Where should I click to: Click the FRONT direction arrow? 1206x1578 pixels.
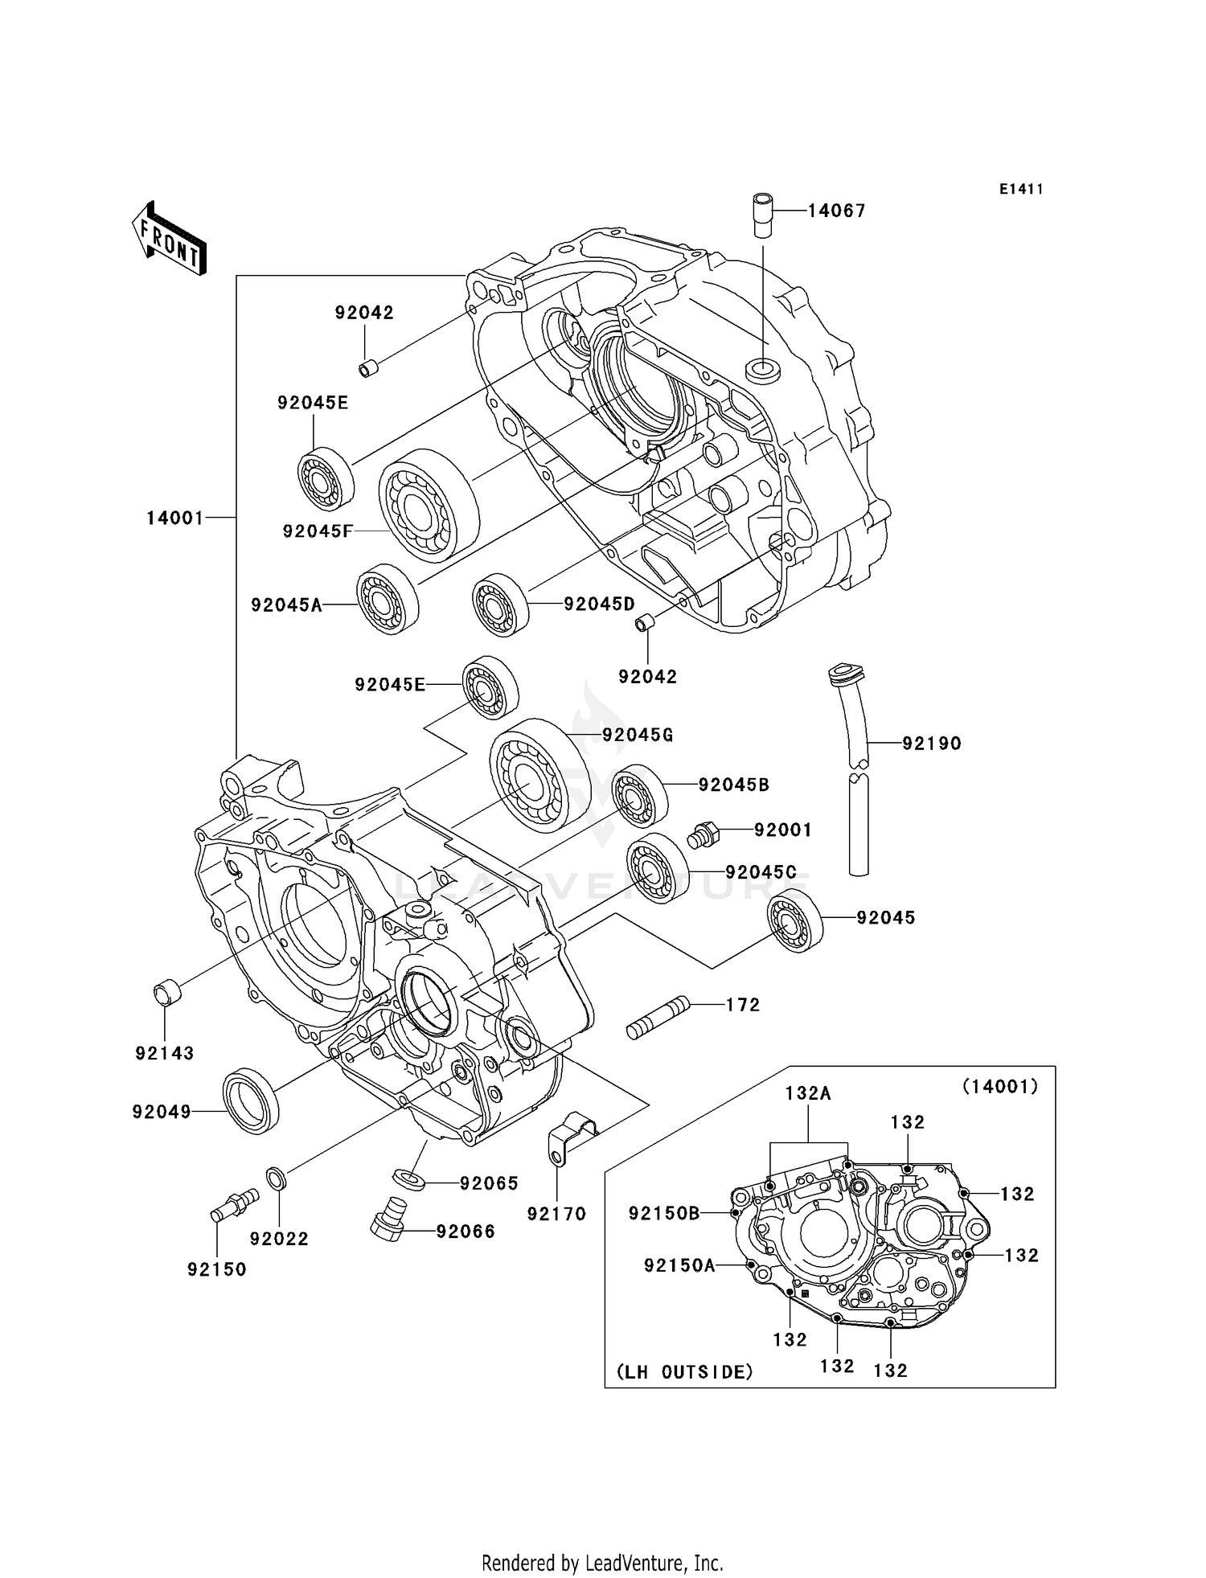(x=169, y=240)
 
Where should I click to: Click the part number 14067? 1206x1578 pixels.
(x=836, y=211)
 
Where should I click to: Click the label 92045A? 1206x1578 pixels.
(x=286, y=605)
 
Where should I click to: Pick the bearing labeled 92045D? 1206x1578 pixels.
(x=500, y=605)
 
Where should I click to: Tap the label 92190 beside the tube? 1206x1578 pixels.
(x=931, y=744)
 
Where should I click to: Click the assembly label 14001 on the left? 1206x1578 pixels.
(x=175, y=518)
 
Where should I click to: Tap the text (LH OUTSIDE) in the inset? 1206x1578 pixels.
(x=685, y=1372)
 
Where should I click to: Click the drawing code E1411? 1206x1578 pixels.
(x=1021, y=189)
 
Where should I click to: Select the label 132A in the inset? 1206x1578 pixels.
(x=808, y=1093)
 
